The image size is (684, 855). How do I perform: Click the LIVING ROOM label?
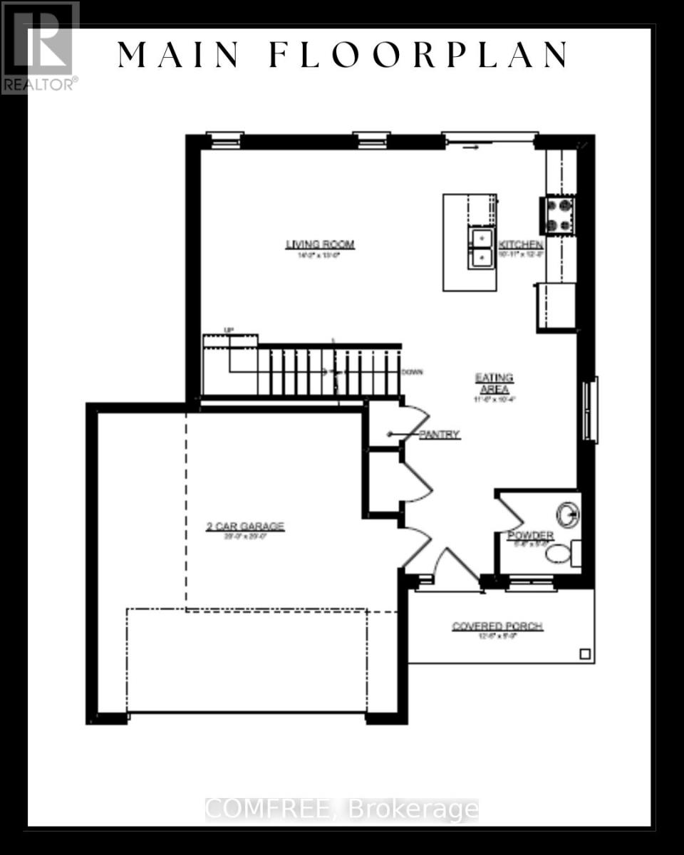pos(320,244)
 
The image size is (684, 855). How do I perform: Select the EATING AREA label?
pos(494,383)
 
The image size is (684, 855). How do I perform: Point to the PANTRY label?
pos(440,434)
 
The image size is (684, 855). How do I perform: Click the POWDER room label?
pos(530,535)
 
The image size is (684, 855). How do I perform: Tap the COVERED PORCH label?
pos(497,626)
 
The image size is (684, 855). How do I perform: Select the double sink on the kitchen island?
pos(482,247)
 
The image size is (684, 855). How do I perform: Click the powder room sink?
pos(568,513)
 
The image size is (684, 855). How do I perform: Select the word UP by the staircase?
pos(229,330)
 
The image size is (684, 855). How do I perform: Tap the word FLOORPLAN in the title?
pos(418,55)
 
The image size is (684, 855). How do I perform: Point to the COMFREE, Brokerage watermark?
pos(342,809)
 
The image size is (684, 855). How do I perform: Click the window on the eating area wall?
pos(590,410)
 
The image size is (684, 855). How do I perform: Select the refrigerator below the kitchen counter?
pos(556,306)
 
